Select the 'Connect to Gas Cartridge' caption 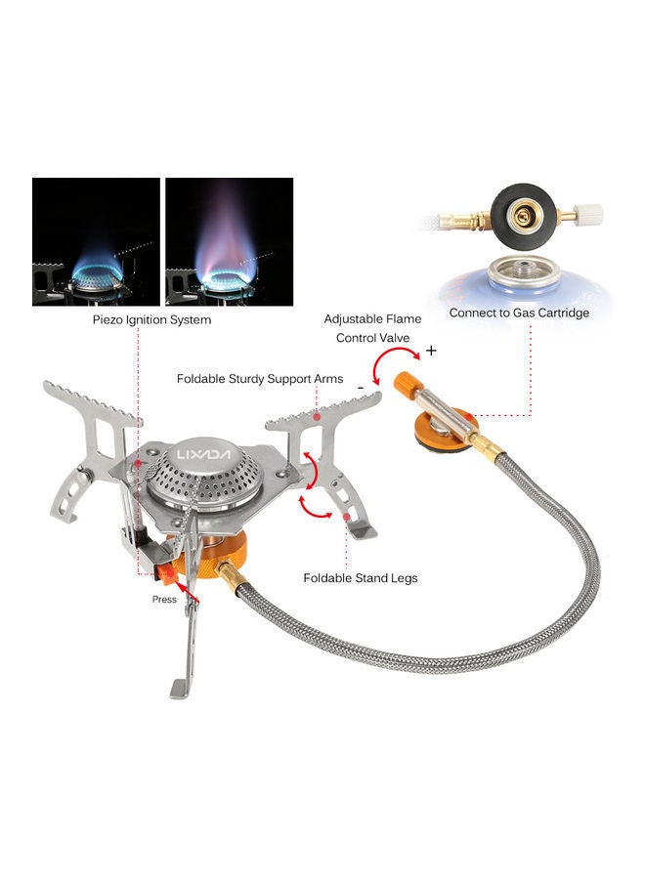tap(519, 314)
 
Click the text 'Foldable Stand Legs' tap(361, 578)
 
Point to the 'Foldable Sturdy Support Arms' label tap(260, 379)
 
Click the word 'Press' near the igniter tap(165, 599)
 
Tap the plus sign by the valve tap(431, 351)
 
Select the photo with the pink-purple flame tap(228, 241)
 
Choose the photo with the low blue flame tap(96, 241)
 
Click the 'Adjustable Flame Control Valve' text tap(372, 328)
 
